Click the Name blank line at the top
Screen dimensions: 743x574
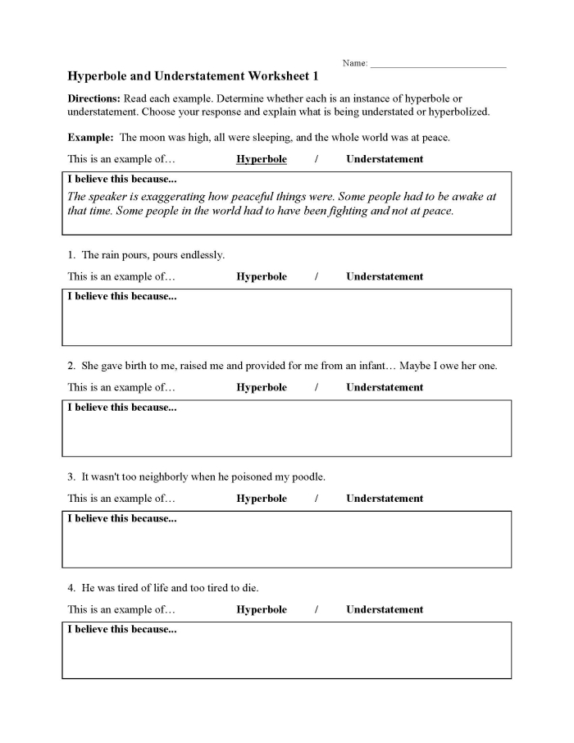pos(438,65)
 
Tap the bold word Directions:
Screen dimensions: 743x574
pos(93,98)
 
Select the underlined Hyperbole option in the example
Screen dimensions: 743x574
pos(262,159)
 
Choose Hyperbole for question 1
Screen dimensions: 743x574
pos(262,276)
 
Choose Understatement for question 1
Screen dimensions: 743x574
pos(385,276)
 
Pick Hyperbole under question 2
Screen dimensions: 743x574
pos(262,387)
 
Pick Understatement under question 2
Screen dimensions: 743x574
pos(385,387)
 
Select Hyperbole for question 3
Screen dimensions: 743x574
pos(262,499)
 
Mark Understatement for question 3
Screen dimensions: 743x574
pos(385,499)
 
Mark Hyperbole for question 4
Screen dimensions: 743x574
pos(262,609)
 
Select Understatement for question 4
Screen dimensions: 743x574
pos(385,609)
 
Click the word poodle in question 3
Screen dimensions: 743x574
pos(307,476)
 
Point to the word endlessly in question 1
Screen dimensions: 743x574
pos(201,255)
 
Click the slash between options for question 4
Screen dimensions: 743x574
pos(317,609)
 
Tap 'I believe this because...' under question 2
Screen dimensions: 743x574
pos(122,408)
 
